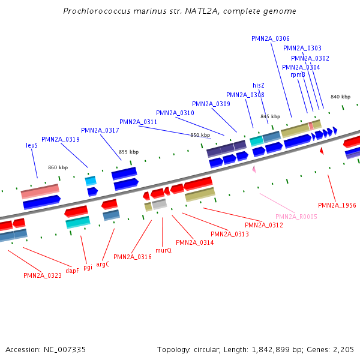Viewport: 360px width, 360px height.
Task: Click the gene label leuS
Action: coord(32,145)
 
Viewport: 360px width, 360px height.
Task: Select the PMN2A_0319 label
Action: coord(60,139)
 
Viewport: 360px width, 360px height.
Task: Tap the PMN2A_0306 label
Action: coord(270,38)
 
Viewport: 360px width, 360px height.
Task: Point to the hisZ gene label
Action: coord(258,85)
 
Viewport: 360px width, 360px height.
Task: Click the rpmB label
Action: coord(298,74)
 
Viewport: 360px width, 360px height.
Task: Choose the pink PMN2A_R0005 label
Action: coord(296,217)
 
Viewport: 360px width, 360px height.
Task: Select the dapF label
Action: coord(72,271)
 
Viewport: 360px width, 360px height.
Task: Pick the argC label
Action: coord(103,264)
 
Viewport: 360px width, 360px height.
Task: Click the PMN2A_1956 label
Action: coord(337,205)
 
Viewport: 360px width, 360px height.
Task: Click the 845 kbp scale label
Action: coord(270,116)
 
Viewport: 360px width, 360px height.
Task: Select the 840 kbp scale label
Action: coord(340,97)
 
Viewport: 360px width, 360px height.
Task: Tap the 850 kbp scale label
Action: coord(200,135)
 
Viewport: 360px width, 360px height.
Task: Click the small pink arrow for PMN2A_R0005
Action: coord(254,170)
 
